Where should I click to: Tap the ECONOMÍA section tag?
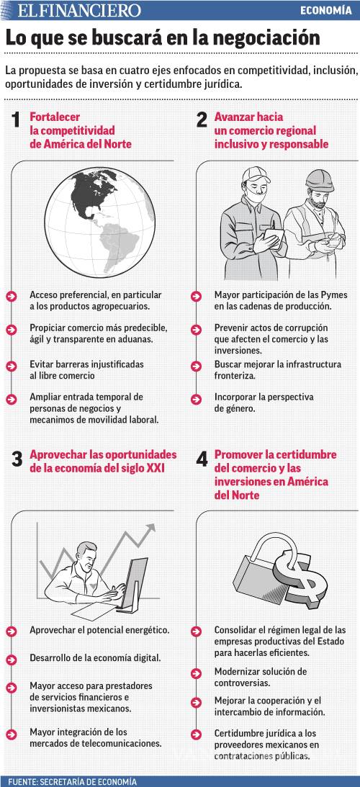click(325, 11)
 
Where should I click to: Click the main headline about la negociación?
click(163, 38)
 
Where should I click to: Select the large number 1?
click(16, 121)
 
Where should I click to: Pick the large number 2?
click(202, 121)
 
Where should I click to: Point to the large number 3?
click(17, 459)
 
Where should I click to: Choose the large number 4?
click(202, 459)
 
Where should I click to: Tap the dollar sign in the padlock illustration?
click(301, 575)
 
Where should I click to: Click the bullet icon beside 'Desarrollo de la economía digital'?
click(11, 658)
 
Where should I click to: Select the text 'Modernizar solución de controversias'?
click(250, 677)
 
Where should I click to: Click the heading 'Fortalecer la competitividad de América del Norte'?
click(80, 130)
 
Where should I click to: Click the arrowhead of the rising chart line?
click(151, 529)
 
